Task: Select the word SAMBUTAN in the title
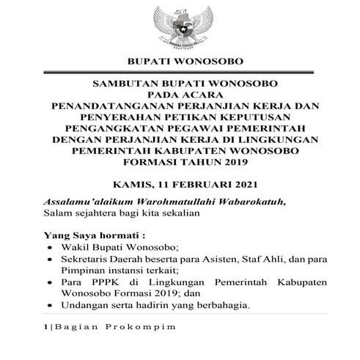click(124, 84)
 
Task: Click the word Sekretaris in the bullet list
click(83, 261)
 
